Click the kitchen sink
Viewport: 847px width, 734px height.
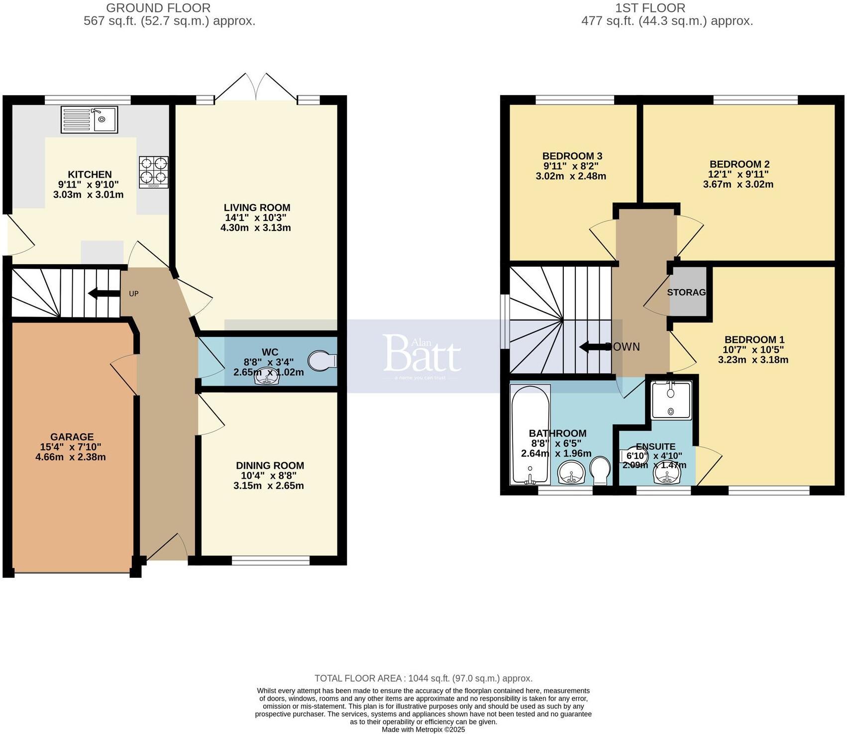point(90,119)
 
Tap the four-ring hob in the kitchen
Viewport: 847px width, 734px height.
point(153,172)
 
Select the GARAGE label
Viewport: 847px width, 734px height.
point(72,437)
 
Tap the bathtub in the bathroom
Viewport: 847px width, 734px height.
point(530,434)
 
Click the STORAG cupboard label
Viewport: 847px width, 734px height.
point(686,292)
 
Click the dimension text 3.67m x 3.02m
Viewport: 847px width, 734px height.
point(738,184)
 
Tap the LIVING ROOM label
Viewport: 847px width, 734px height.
point(257,208)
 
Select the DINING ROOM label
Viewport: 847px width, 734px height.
point(270,465)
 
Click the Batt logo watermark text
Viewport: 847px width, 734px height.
point(422,355)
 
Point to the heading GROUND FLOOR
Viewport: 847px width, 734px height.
point(158,8)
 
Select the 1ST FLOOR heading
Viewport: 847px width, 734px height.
point(650,8)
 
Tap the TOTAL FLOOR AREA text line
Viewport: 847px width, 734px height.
point(423,678)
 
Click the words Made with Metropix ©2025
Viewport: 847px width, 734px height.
point(423,730)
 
